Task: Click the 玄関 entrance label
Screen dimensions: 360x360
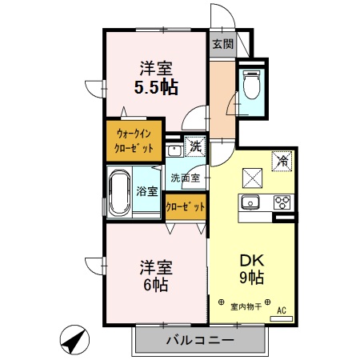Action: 223,45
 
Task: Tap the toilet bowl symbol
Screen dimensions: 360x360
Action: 250,83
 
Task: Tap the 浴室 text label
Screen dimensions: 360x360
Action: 146,192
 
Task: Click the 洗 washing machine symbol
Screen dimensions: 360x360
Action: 196,146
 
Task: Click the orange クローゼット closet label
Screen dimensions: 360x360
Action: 185,206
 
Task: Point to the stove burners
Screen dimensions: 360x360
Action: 282,202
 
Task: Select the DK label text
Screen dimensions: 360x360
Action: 251,260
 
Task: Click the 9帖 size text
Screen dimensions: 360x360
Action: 251,278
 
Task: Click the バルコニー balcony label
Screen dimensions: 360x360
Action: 199,341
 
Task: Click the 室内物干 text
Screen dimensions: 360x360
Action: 246,305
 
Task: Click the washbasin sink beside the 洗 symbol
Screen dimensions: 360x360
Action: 174,149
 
